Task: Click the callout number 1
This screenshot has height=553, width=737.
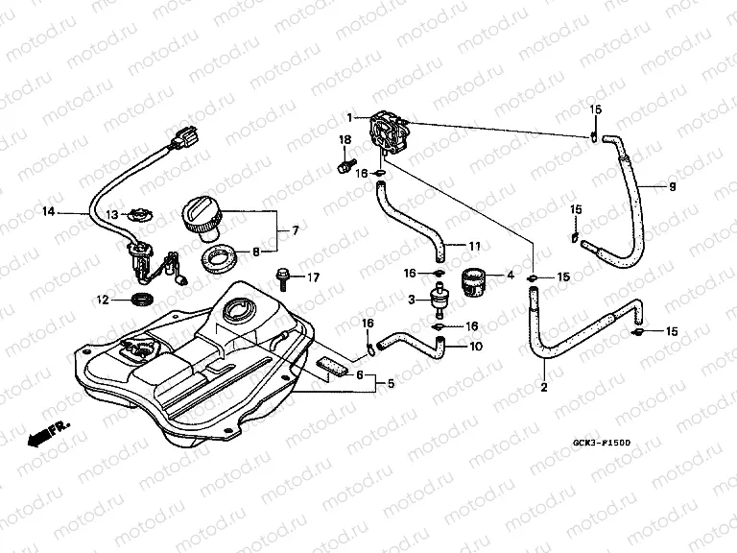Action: pyautogui.click(x=351, y=118)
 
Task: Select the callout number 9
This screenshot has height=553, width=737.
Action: pyautogui.click(x=672, y=186)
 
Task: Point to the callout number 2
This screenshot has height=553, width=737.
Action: pyautogui.click(x=543, y=388)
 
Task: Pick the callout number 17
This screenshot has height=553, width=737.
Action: pyautogui.click(x=312, y=277)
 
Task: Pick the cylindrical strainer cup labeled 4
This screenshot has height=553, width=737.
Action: pyautogui.click(x=476, y=281)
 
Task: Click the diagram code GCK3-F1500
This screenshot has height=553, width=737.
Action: pyautogui.click(x=603, y=445)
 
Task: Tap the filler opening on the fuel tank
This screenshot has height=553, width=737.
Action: pyautogui.click(x=236, y=311)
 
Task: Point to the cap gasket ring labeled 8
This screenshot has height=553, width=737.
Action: pyautogui.click(x=219, y=257)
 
